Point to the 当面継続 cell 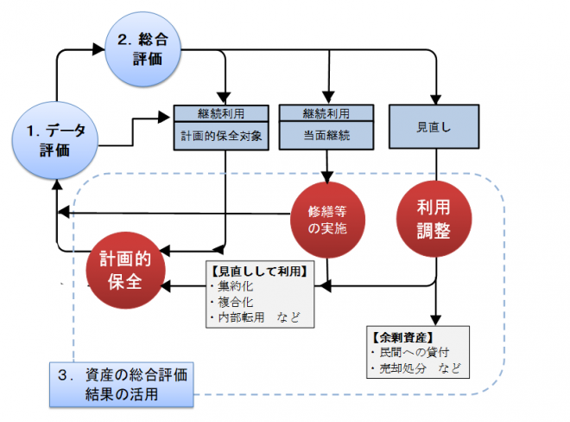pos(326,135)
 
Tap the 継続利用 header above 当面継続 pos(326,113)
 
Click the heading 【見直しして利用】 pos(259,269)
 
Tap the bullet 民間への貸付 pos(413,352)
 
